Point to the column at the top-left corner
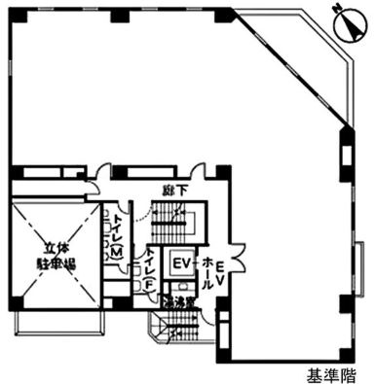pyautogui.click(x=13, y=13)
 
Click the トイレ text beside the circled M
pyautogui.click(x=116, y=227)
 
